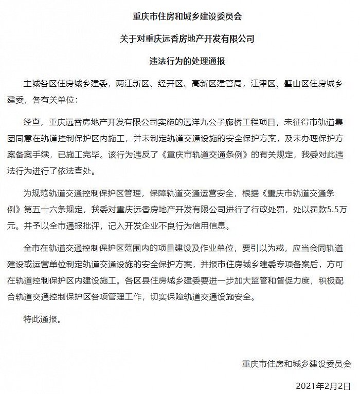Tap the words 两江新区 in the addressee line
click(132, 82)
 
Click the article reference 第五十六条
click(53, 211)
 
